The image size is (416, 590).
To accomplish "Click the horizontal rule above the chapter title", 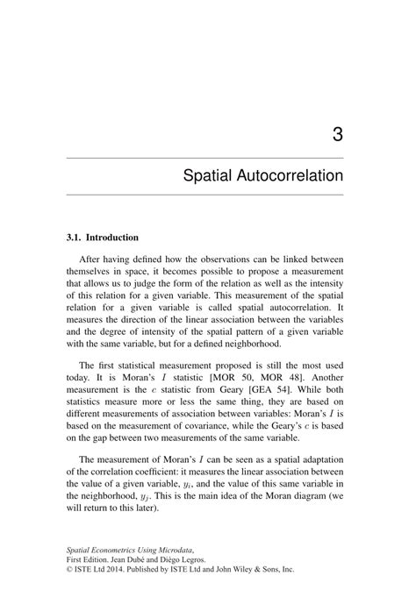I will [x=204, y=157].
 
